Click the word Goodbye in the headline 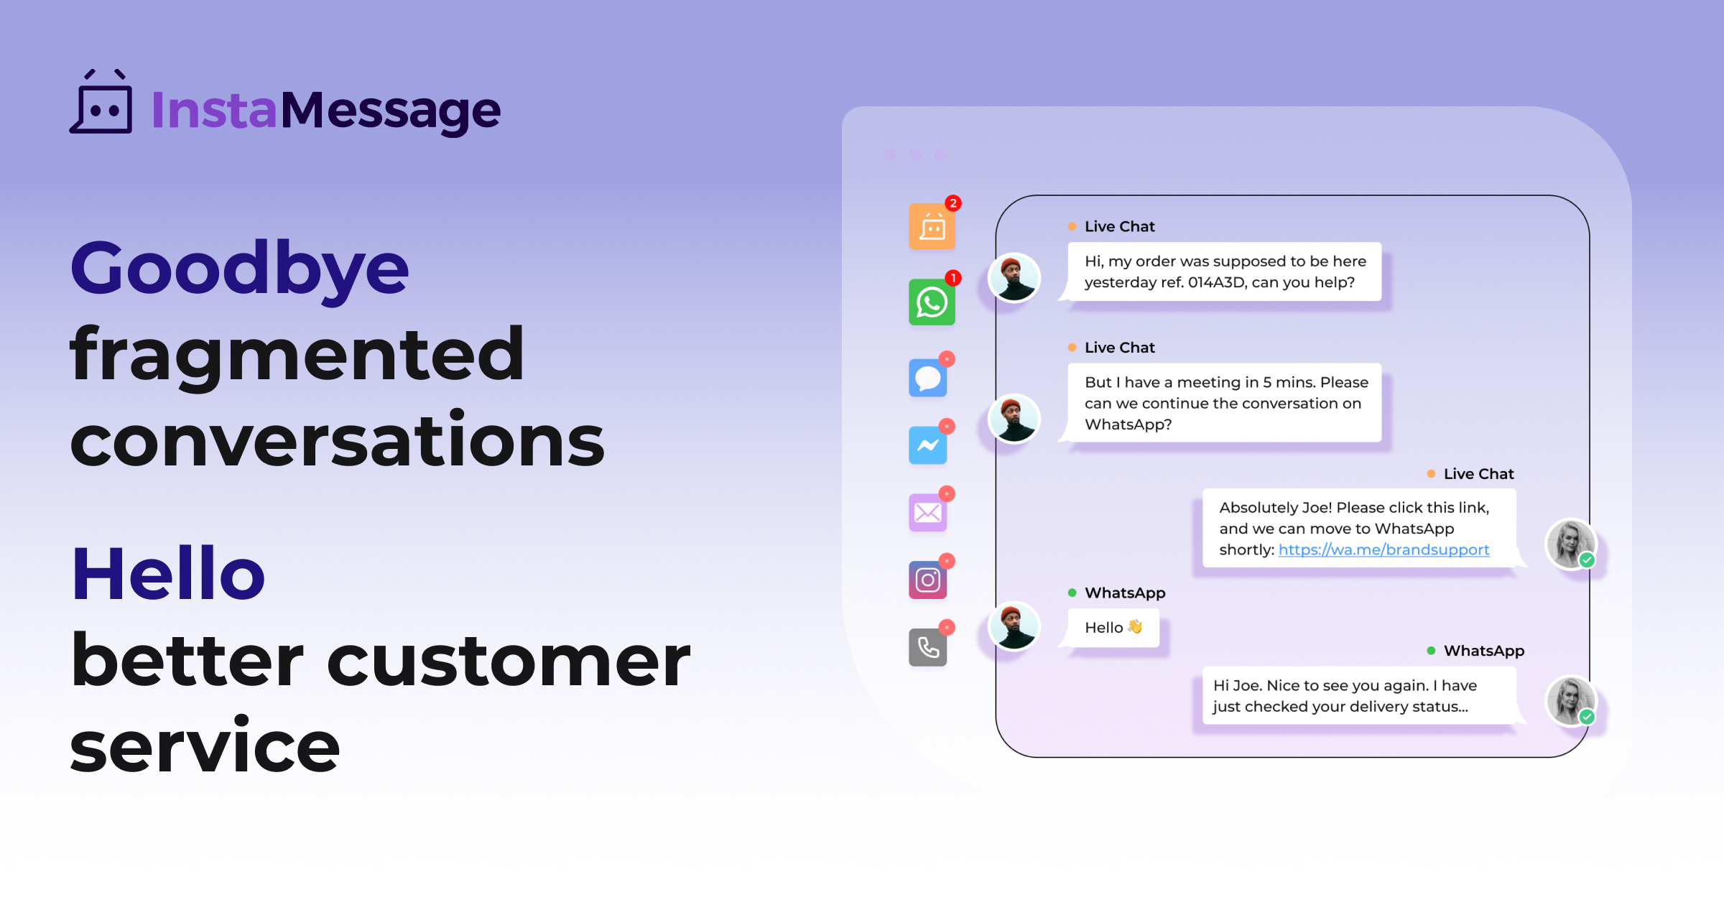point(239,269)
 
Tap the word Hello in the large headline point(168,574)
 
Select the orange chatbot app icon point(932,227)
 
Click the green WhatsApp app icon point(932,302)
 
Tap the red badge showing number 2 point(953,203)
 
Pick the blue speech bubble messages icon point(927,378)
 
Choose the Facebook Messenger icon point(927,445)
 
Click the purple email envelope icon point(927,513)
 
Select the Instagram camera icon point(927,580)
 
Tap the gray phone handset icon point(927,648)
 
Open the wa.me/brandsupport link point(1384,550)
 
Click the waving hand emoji point(1135,627)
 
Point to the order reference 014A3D point(1217,282)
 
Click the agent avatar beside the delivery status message point(1570,701)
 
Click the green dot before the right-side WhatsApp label point(1431,651)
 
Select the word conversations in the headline point(338,440)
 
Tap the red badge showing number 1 point(953,278)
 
